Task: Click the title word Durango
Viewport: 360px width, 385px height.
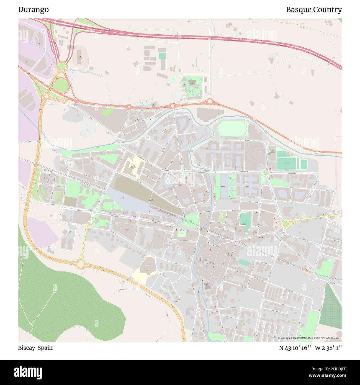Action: pos(33,9)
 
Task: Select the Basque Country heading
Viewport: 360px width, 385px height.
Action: pos(313,9)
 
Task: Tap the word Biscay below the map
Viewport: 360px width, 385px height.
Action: pos(27,348)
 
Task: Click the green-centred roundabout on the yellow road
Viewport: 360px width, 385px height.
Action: pos(286,224)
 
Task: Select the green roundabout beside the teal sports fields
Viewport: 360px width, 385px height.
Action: pos(266,172)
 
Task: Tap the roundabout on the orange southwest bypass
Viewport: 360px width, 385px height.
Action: pos(81,264)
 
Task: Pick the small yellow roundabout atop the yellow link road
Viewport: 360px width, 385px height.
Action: pos(89,225)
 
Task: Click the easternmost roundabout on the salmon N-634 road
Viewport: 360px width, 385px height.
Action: pos(210,101)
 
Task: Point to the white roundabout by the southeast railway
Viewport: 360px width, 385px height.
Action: pos(312,276)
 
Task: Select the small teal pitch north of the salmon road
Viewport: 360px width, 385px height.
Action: pos(162,56)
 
